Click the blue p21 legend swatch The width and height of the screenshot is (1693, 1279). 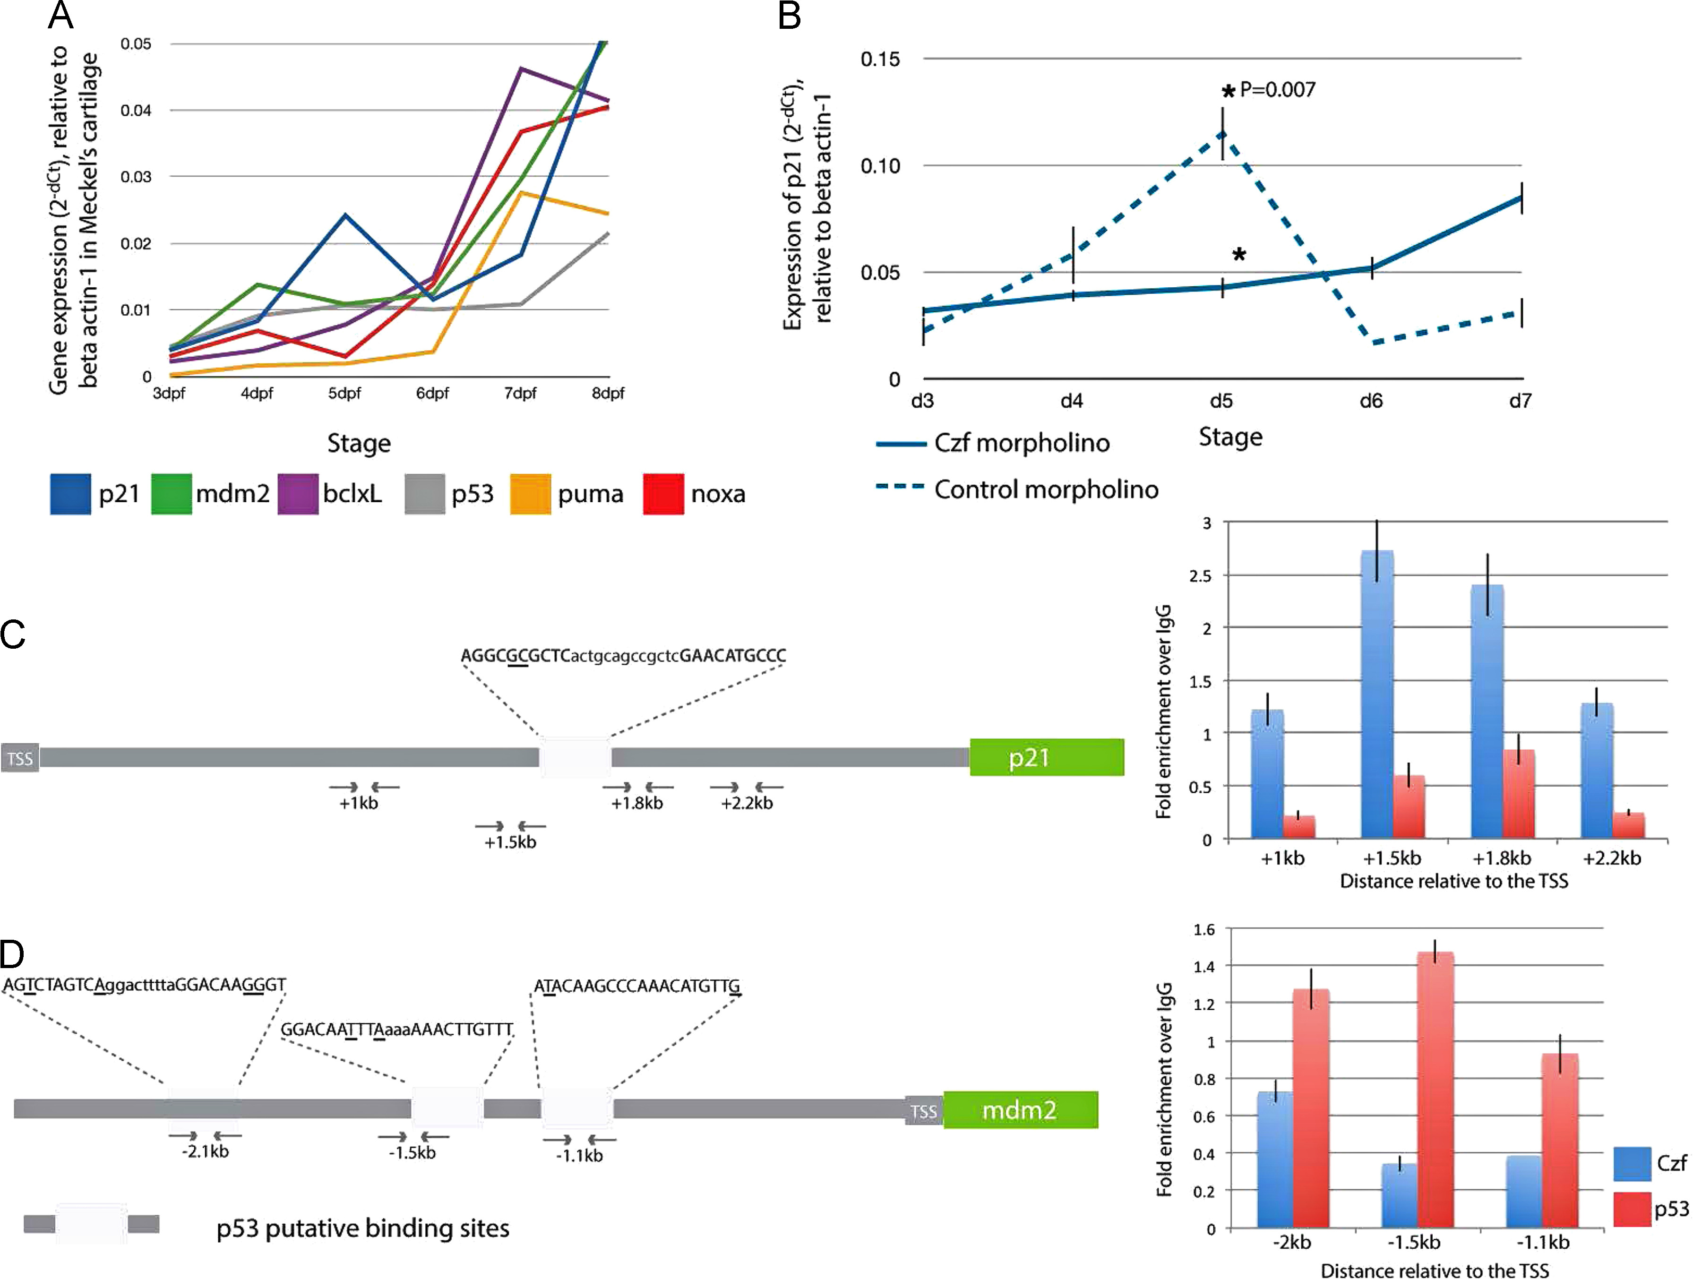click(x=70, y=494)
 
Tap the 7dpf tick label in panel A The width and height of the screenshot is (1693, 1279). click(x=520, y=394)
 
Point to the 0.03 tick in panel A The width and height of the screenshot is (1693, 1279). click(x=136, y=177)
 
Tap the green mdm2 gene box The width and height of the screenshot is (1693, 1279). click(x=1020, y=1110)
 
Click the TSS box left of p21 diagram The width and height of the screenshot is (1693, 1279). click(x=20, y=758)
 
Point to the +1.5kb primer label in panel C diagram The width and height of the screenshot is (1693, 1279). click(x=510, y=842)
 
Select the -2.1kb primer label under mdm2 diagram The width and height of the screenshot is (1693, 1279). click(x=205, y=1151)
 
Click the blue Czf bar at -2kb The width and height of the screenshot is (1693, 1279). click(x=1275, y=1159)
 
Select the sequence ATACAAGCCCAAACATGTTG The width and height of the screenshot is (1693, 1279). click(x=637, y=986)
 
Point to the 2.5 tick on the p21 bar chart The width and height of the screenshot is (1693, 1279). click(x=1200, y=575)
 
